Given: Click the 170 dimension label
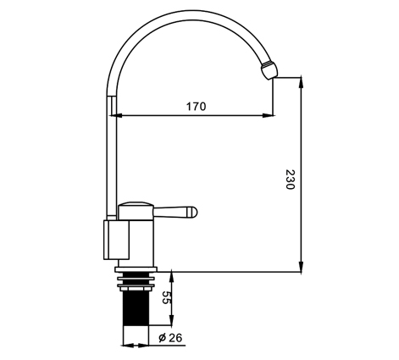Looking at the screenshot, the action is (x=196, y=107).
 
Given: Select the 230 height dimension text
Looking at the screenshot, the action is (x=290, y=180).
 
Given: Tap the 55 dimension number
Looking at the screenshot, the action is (x=166, y=297).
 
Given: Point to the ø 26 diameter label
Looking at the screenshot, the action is (x=170, y=337).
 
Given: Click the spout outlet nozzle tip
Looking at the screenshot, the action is (x=269, y=69).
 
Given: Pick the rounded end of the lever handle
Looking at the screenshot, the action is (x=193, y=213).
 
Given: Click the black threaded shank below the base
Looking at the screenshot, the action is (x=136, y=308).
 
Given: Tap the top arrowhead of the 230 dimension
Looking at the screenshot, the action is (x=302, y=82).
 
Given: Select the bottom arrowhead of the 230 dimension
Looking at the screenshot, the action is (x=302, y=267).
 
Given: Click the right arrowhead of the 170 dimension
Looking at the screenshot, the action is (x=269, y=115).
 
